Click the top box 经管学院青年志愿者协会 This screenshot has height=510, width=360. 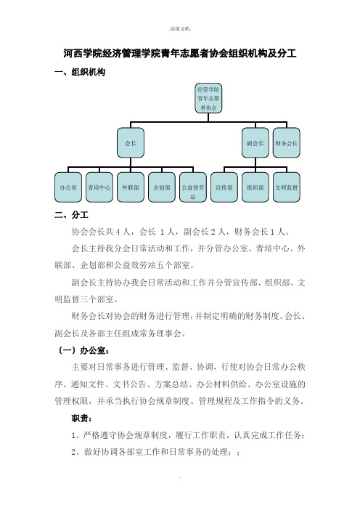(208, 98)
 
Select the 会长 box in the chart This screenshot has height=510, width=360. (131, 143)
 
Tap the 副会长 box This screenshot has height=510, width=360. (255, 143)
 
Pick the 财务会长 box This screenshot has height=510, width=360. (287, 143)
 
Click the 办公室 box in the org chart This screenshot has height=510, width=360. (68, 187)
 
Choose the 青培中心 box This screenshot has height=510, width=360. (99, 187)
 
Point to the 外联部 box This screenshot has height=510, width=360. (131, 187)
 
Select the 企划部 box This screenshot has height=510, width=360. (162, 187)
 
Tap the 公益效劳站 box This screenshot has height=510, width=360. (193, 187)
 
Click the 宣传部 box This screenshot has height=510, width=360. (224, 187)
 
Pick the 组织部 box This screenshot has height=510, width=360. (255, 187)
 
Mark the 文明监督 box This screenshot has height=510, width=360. (287, 187)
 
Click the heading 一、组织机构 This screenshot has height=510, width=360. (80, 72)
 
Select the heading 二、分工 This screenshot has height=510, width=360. (71, 214)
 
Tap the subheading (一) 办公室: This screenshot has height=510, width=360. (83, 350)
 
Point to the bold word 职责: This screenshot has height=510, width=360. (81, 418)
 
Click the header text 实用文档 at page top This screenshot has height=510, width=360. (180, 28)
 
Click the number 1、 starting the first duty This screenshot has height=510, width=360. (77, 435)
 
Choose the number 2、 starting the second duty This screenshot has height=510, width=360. (77, 452)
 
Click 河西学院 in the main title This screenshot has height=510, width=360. (83, 53)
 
